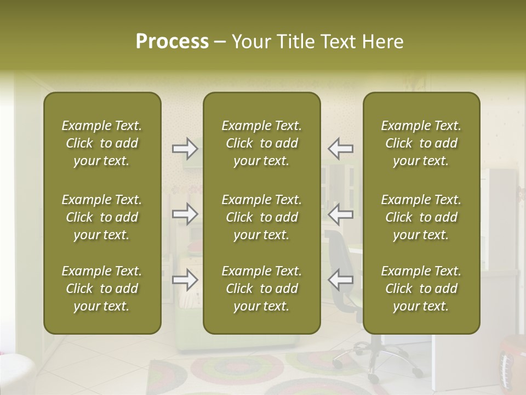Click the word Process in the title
172,42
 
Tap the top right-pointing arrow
185,148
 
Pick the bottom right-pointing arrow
185,280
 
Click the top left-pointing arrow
340,148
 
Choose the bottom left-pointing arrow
340,280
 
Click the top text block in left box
102,143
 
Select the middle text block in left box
102,217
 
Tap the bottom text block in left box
102,289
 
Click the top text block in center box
261,143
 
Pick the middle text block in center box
261,217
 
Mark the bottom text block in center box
261,289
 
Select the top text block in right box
421,143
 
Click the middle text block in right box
421,217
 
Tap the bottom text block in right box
421,289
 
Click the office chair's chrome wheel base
373,357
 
